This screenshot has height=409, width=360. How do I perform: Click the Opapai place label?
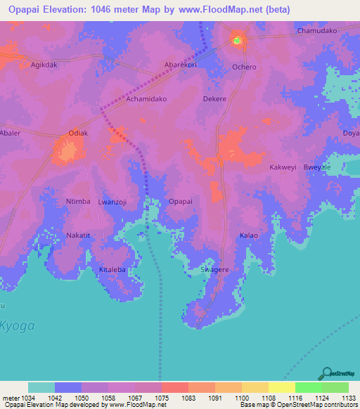point(181,202)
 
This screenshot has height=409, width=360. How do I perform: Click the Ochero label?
point(244,67)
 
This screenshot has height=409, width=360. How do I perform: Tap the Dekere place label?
point(214,99)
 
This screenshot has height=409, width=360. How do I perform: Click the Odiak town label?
point(78,134)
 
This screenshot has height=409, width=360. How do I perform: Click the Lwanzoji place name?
point(112,202)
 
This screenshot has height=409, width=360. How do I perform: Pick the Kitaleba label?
point(112,270)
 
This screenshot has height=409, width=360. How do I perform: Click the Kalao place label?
point(249,235)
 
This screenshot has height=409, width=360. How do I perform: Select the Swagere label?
point(215,270)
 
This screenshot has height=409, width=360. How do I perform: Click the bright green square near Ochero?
point(237,41)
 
